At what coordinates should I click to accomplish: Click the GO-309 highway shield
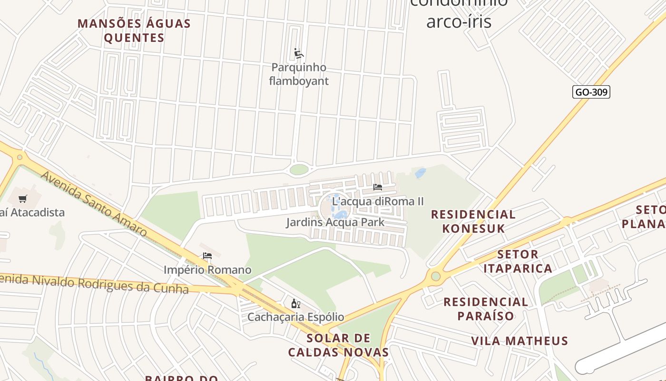[x=591, y=92]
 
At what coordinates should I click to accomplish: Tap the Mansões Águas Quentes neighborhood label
[x=134, y=30]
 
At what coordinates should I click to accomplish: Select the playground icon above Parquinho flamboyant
[x=298, y=53]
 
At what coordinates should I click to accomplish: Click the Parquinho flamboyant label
[x=299, y=74]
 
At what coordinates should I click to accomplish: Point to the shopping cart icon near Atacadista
[x=23, y=199]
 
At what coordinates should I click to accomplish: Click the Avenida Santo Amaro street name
[x=94, y=203]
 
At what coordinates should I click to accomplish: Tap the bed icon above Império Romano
[x=207, y=256]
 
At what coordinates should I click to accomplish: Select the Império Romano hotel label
[x=207, y=270]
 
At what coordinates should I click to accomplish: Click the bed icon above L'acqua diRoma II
[x=378, y=187]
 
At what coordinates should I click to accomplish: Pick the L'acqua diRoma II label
[x=378, y=201]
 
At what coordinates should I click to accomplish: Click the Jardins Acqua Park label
[x=335, y=222]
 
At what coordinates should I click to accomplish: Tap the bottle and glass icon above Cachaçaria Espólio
[x=295, y=303]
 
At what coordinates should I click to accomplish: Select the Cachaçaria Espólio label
[x=295, y=317]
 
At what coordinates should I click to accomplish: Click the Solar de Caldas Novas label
[x=338, y=345]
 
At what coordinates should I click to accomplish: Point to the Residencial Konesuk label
[x=473, y=221]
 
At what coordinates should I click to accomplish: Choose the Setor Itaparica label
[x=518, y=261]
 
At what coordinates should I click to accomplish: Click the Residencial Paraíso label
[x=486, y=309]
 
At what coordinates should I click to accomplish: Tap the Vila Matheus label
[x=519, y=341]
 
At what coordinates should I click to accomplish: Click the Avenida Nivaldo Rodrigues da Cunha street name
[x=95, y=283]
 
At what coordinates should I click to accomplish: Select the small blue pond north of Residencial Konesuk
[x=420, y=173]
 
